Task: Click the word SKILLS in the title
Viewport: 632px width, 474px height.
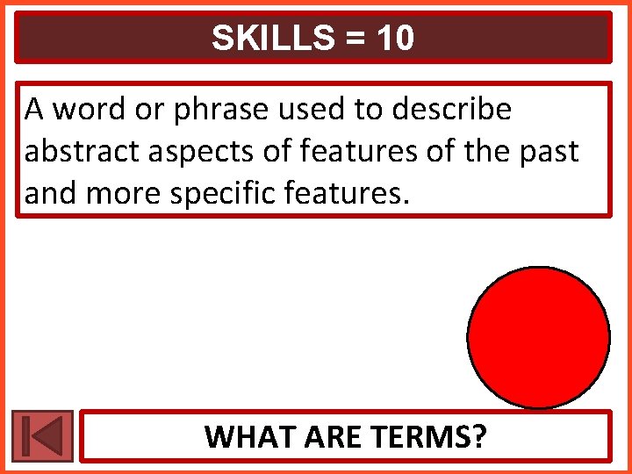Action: (x=264, y=38)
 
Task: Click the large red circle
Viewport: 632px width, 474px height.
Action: (x=538, y=337)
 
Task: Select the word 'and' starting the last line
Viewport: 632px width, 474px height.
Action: (x=47, y=193)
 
